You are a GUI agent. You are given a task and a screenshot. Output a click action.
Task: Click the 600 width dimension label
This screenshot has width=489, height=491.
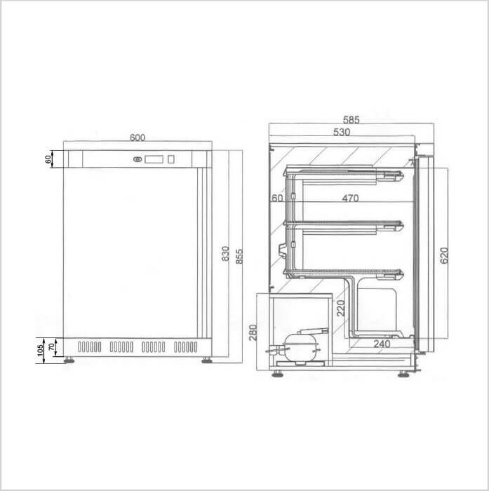click(x=138, y=137)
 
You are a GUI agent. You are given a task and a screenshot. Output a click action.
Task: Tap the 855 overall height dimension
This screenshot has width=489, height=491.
click(x=239, y=257)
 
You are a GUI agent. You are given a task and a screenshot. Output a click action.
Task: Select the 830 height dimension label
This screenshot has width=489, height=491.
click(x=225, y=254)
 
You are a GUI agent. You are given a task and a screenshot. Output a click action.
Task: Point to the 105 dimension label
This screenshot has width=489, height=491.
click(x=40, y=351)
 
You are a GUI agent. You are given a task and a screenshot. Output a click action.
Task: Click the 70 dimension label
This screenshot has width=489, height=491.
click(x=51, y=347)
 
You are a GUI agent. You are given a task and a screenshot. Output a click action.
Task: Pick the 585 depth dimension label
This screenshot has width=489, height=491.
click(x=351, y=120)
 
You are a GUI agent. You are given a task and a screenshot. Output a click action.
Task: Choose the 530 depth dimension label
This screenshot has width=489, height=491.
click(x=342, y=132)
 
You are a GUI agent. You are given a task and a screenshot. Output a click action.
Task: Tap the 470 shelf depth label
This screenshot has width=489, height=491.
click(x=350, y=198)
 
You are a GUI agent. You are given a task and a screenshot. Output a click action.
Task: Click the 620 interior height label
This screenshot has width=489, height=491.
click(x=444, y=255)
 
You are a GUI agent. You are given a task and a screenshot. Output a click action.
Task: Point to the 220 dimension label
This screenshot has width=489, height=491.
click(x=341, y=308)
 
